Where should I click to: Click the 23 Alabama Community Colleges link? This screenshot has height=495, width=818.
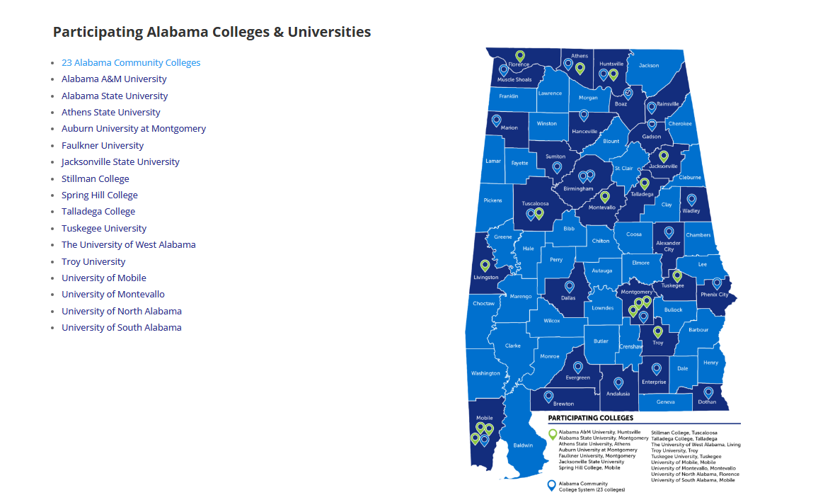tap(131, 63)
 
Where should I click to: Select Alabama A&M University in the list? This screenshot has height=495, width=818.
tap(114, 79)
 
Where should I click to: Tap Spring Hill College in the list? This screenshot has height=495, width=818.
tap(99, 195)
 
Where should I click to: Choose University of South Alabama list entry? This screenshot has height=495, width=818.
tap(121, 328)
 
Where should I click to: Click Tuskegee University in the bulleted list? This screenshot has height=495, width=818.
tap(104, 228)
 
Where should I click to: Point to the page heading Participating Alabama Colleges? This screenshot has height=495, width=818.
tap(212, 32)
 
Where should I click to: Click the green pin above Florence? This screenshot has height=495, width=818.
tap(519, 55)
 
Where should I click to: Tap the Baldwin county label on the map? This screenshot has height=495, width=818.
tap(523, 445)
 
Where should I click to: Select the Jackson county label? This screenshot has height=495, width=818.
tap(648, 66)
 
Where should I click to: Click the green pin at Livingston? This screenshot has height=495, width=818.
tap(485, 266)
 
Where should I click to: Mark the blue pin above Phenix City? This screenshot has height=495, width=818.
tap(716, 283)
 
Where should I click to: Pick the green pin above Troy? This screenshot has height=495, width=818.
tap(657, 331)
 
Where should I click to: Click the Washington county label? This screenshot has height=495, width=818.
tap(485, 373)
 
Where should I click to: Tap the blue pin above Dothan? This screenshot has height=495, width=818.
tap(708, 392)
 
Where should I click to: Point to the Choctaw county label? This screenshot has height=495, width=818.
tap(483, 304)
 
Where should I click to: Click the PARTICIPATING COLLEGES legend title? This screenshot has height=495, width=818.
tap(590, 418)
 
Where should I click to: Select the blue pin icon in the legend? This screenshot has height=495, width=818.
tap(552, 485)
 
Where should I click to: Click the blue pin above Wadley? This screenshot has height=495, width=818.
tap(691, 200)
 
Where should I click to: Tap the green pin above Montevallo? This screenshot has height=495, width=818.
tap(604, 196)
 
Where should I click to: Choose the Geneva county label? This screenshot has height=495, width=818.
tap(665, 402)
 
